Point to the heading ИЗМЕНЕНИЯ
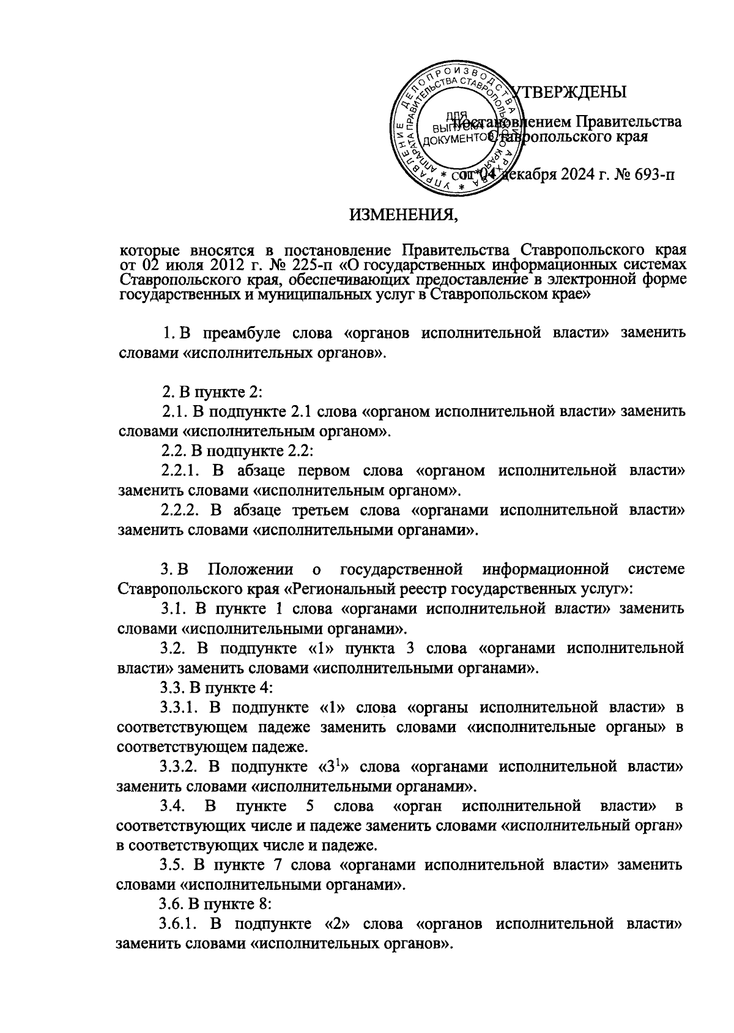tap(402, 215)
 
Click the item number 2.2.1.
tap(182, 471)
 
